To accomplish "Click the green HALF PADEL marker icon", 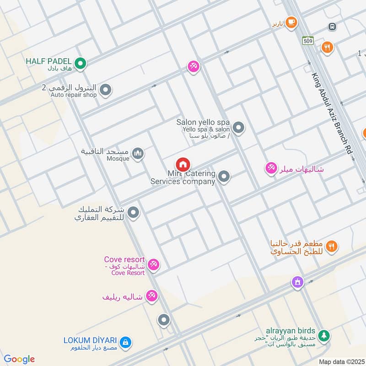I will tap(81, 64).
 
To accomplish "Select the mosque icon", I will tap(138, 154).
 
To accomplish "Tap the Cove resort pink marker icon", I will tap(153, 264).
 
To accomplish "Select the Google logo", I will tap(19, 359).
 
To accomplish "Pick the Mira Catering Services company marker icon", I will tap(224, 176).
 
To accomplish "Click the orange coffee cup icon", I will tap(291, 22).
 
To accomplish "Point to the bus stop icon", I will tap(332, 27).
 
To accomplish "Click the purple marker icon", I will tap(298, 282).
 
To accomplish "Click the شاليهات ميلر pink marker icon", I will tap(271, 169).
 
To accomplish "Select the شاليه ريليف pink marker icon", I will tap(151, 296).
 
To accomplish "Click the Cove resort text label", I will tap(124, 259).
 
